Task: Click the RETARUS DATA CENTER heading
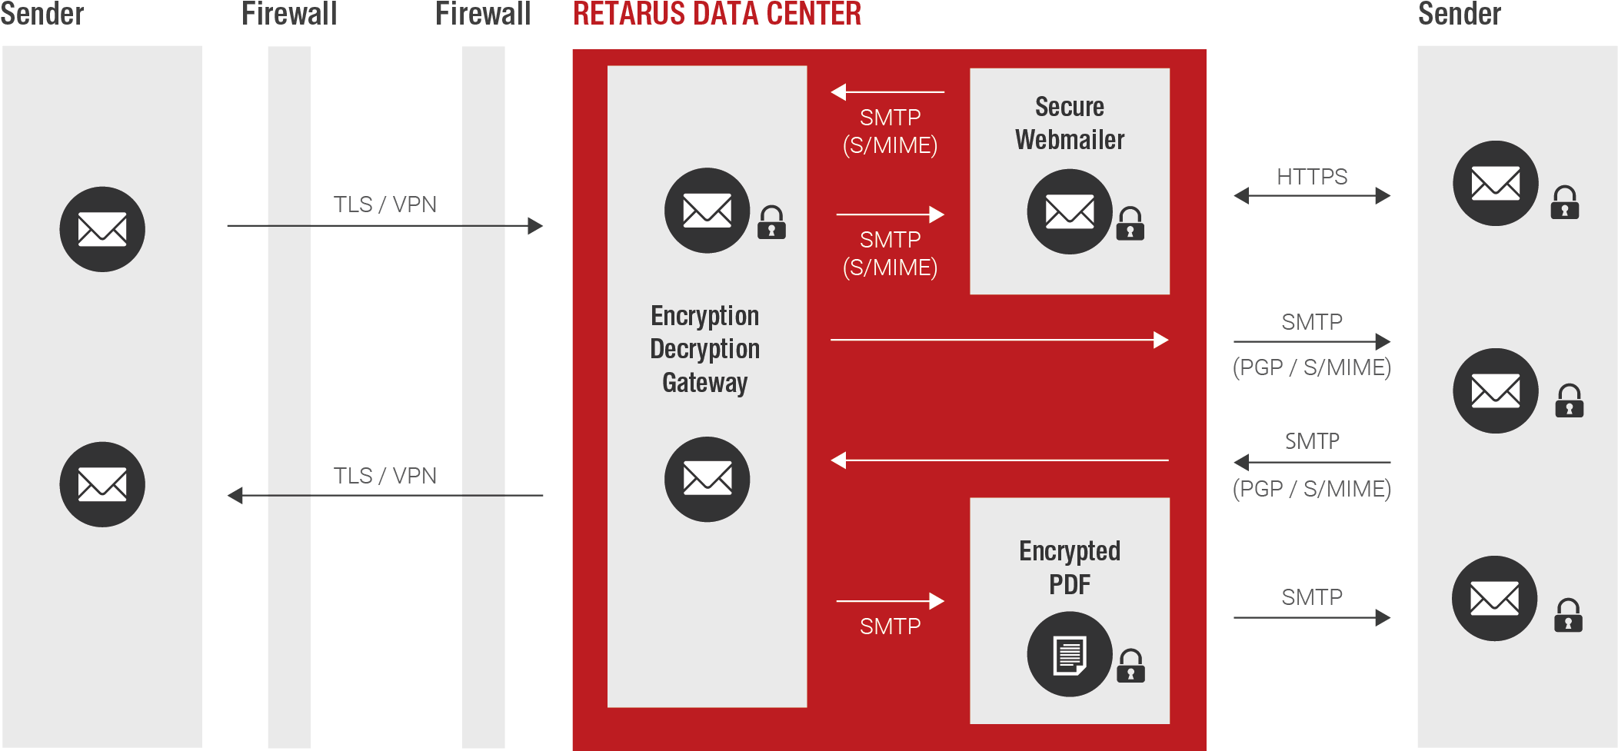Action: point(717,14)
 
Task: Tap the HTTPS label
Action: point(1312,177)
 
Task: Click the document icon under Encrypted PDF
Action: point(1070,654)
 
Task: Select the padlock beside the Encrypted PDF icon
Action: point(1130,666)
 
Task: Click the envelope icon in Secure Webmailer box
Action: point(1070,211)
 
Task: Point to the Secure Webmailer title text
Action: point(1070,123)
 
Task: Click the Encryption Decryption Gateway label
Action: point(705,349)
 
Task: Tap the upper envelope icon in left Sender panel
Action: point(102,229)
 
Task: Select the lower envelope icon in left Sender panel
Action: point(102,484)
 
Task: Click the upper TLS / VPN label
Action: point(385,204)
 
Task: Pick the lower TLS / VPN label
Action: point(385,476)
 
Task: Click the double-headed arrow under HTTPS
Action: point(1312,196)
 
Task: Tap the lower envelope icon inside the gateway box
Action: point(707,480)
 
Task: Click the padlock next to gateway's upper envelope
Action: point(771,222)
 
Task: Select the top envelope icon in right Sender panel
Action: point(1495,183)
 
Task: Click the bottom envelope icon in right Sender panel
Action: point(1494,598)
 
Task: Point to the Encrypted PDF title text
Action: point(1070,567)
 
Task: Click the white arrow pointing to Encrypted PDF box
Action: point(890,601)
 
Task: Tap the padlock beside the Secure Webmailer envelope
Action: point(1130,224)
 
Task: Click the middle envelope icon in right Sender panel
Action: point(1495,390)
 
